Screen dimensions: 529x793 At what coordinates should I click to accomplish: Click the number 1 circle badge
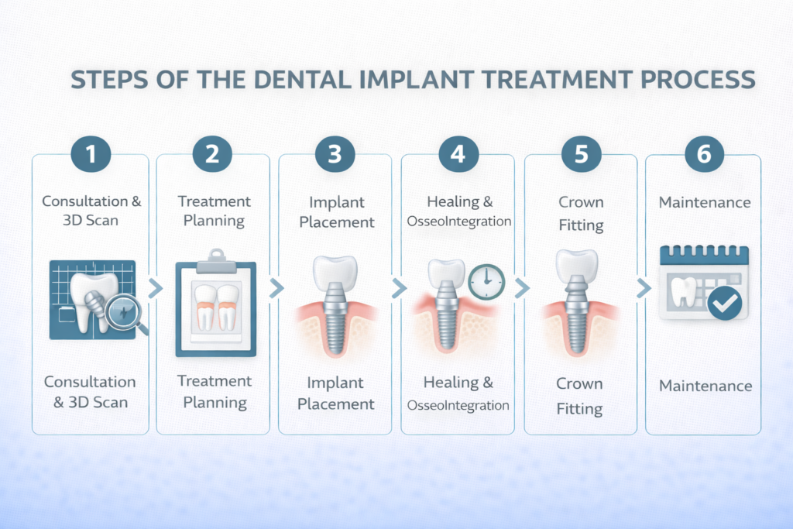tap(91, 154)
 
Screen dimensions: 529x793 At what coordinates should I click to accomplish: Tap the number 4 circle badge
tap(458, 154)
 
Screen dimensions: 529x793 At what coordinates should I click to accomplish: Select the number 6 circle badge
tap(703, 154)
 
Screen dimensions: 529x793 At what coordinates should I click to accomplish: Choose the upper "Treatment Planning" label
tap(215, 211)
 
